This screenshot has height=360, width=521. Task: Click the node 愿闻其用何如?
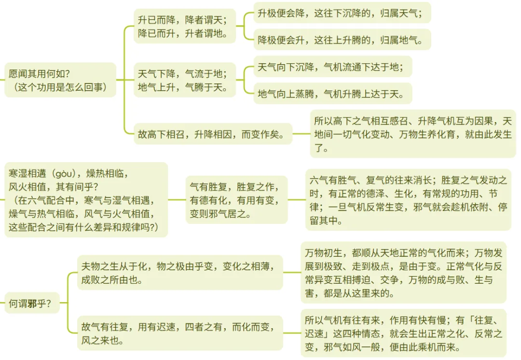click(60, 80)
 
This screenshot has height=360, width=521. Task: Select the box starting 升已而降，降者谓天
click(185, 27)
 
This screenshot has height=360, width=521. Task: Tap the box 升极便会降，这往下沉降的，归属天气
click(342, 14)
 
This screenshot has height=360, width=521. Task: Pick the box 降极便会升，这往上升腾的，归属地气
click(342, 40)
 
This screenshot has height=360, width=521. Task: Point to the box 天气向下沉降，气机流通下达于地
click(333, 67)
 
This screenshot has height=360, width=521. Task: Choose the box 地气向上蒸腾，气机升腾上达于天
click(333, 94)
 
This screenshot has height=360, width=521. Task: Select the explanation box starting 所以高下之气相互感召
click(412, 134)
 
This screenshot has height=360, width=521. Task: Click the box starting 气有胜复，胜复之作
click(236, 199)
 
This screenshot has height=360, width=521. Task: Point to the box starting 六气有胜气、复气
click(408, 200)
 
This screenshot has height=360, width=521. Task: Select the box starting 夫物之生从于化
click(179, 272)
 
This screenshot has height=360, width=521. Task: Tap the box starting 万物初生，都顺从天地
click(403, 272)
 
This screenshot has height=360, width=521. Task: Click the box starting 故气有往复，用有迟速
click(179, 333)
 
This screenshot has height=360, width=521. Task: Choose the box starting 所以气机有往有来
click(403, 333)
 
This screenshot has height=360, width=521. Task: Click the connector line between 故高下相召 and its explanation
click(301, 134)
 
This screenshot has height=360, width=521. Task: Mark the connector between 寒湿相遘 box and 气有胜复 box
click(177, 199)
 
